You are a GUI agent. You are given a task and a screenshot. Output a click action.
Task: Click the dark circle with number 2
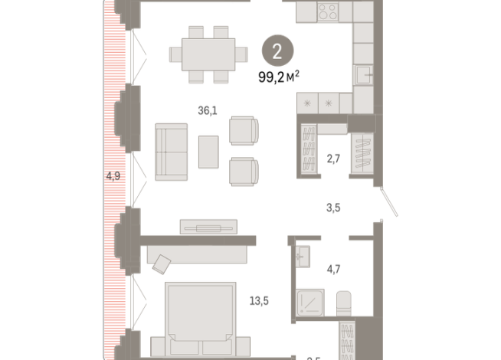[277, 53]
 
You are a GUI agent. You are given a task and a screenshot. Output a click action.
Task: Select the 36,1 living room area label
[208, 110]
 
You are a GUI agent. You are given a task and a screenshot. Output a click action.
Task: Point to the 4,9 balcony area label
[113, 176]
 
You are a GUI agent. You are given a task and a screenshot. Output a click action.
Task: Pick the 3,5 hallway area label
[332, 207]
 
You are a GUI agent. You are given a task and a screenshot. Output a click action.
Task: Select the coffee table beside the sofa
[208, 151]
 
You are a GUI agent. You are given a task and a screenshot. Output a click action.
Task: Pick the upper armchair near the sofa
[244, 130]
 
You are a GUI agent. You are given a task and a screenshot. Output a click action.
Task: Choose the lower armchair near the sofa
[244, 170]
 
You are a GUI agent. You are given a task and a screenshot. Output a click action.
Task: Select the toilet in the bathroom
[343, 302]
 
